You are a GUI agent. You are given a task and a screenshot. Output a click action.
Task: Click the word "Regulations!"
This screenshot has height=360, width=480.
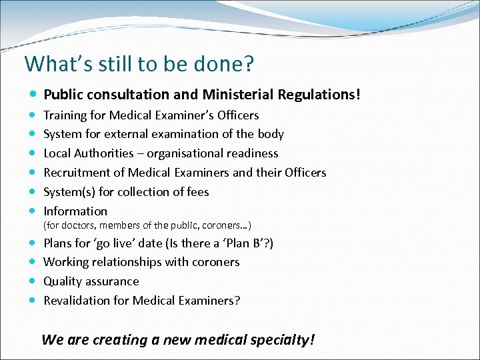click(x=319, y=95)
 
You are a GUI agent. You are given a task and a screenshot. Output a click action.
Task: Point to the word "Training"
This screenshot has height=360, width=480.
click(x=66, y=115)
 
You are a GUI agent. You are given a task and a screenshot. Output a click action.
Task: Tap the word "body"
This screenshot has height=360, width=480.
click(x=270, y=134)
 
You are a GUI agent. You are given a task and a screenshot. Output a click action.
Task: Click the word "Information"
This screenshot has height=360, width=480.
click(x=75, y=211)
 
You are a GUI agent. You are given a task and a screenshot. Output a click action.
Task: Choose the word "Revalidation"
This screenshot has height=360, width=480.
click(x=77, y=301)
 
